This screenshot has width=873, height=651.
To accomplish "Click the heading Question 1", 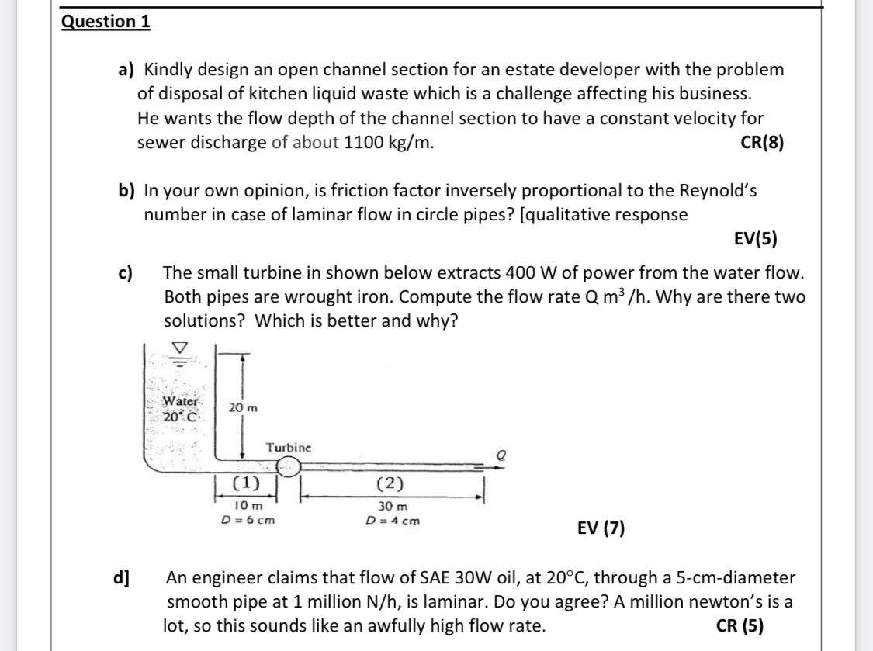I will (106, 21).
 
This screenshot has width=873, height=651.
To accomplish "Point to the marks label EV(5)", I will (755, 239).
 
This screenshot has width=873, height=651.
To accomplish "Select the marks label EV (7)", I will (601, 528).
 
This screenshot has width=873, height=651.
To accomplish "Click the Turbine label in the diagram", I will (288, 447).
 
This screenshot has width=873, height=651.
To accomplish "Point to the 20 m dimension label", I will (243, 408).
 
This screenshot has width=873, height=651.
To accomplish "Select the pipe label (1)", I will (246, 483).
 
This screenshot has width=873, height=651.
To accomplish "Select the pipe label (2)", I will (390, 483).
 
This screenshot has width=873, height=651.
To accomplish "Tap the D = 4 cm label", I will (392, 520).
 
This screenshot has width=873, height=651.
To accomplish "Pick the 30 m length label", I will (392, 505).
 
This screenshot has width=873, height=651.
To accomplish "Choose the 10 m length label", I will (248, 505).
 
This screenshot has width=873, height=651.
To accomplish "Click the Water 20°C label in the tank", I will (182, 409).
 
